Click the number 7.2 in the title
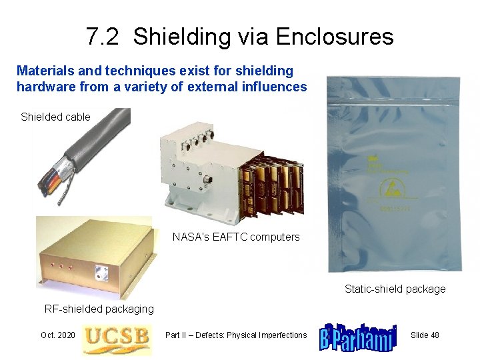click(x=103, y=37)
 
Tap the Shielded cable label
click(x=55, y=117)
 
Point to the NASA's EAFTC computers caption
click(x=236, y=237)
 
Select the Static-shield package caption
click(x=395, y=289)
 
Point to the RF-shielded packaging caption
click(x=99, y=309)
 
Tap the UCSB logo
click(x=116, y=337)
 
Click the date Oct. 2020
click(x=57, y=335)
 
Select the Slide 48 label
click(x=425, y=335)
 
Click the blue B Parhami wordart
click(x=358, y=337)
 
